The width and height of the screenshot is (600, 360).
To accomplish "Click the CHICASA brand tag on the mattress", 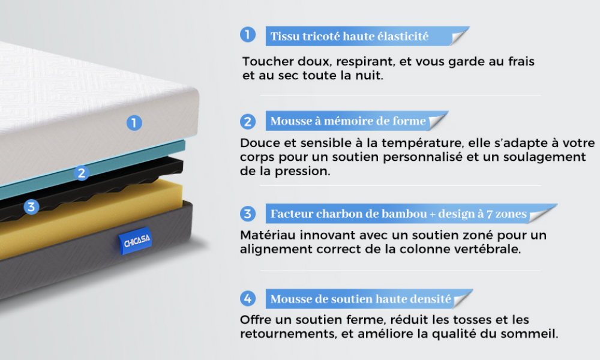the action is tap(136, 241).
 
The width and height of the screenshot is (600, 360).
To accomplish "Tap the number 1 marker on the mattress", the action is tap(134, 123).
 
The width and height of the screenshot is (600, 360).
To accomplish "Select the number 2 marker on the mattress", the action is tap(82, 173).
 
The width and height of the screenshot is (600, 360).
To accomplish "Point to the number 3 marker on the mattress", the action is tap(31, 207).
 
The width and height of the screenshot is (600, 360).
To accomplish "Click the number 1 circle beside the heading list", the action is tap(248, 34).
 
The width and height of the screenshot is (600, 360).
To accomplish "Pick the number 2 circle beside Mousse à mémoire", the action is tap(248, 122).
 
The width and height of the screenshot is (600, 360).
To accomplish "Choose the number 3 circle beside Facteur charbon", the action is tap(248, 214).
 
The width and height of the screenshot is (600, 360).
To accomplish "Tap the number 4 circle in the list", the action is tap(248, 298).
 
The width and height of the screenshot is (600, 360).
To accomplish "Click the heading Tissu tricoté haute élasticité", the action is tap(349, 37).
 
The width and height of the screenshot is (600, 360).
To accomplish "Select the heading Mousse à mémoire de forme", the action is tap(348, 121).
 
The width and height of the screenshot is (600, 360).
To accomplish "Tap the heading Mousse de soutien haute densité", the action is tap(361, 299).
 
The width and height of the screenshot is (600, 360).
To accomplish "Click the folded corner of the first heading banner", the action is tap(458, 37).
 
